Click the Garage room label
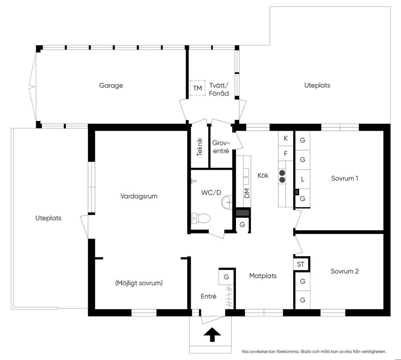[x=111, y=85]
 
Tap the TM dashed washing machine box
[x=197, y=88]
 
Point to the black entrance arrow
[x=212, y=335]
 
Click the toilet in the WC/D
[x=201, y=219]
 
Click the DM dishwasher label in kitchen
[x=247, y=193]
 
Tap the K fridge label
[x=285, y=138]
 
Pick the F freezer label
[x=285, y=154]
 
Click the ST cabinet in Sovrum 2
[x=301, y=264]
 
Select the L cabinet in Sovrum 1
[x=303, y=179]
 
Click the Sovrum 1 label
[x=345, y=178]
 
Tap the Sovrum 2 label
[x=345, y=271]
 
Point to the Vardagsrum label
[x=139, y=196]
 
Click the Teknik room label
[x=200, y=147]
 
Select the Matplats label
[x=263, y=276]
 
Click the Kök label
[x=263, y=175]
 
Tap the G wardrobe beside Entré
[x=226, y=277]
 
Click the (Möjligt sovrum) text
[x=139, y=283]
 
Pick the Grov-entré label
[x=221, y=147]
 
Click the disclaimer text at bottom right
[x=314, y=351]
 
